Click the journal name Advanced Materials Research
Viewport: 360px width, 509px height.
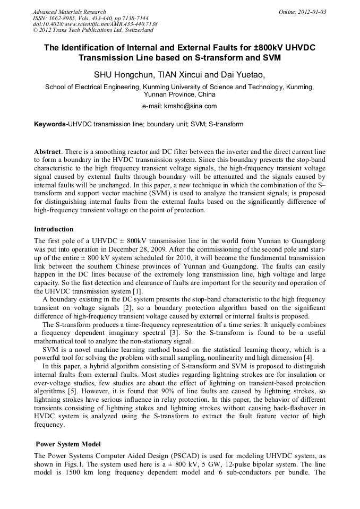(x=69, y=12)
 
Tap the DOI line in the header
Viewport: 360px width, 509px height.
(x=95, y=24)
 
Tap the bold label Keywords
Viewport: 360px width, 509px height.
(x=50, y=124)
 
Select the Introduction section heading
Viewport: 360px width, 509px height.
(x=54, y=229)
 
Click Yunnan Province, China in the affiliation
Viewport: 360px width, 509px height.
(x=179, y=94)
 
